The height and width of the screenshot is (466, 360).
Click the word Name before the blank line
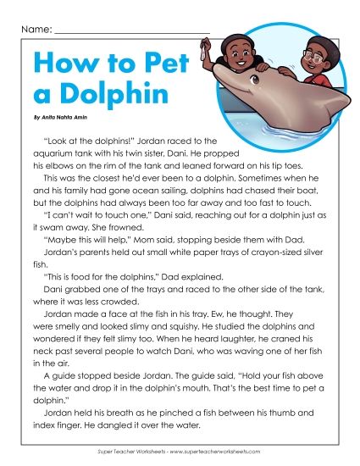tap(31, 30)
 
